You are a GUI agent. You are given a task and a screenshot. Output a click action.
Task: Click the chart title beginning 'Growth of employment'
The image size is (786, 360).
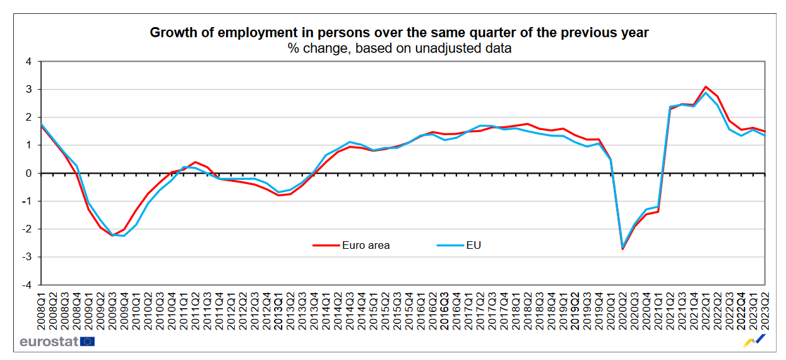[399, 33]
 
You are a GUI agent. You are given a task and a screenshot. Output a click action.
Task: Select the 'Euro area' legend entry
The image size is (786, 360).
[366, 245]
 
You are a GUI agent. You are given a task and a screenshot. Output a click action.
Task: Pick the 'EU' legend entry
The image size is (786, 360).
[473, 245]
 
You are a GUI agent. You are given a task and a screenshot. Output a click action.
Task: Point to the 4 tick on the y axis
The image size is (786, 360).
[28, 62]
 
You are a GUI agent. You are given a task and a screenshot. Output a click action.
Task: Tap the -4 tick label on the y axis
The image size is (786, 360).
[27, 285]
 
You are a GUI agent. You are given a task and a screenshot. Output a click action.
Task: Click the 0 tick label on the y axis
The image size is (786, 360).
[29, 173]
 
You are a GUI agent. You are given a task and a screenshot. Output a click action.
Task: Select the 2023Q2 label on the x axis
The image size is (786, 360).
[765, 310]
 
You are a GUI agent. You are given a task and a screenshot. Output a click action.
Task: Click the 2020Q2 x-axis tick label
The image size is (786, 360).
[622, 310]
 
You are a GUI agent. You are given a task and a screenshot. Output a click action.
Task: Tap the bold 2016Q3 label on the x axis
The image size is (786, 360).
[444, 310]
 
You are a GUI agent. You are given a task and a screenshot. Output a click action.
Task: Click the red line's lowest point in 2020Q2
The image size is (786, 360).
[622, 249]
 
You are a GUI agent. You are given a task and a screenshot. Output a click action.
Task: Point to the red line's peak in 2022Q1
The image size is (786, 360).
[706, 87]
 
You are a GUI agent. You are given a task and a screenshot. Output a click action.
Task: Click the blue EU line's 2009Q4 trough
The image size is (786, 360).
[124, 236]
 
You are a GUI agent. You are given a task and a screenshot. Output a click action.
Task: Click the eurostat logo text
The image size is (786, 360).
[49, 342]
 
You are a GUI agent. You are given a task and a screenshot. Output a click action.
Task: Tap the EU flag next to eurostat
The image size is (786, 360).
[87, 342]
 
